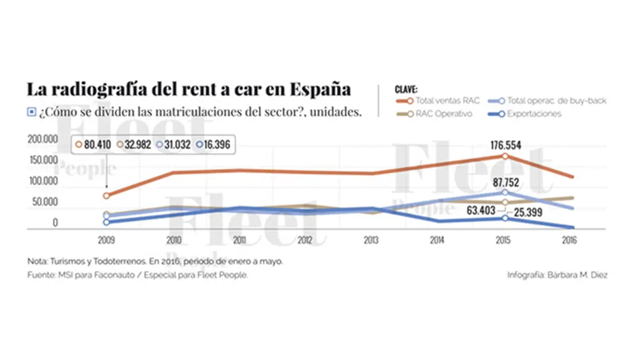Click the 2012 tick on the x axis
304,241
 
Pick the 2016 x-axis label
568,241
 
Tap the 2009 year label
107,241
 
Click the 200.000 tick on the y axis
42,138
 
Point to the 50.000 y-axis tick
44,202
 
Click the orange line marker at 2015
505,156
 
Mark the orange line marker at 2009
107,196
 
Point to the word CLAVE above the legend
406,89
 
